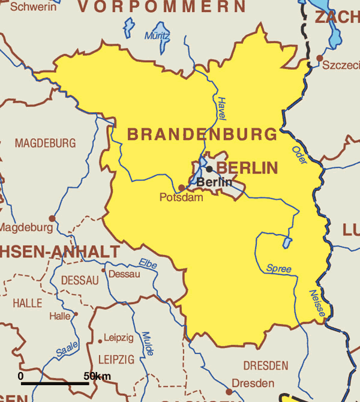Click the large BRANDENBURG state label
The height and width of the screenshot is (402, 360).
(202, 134)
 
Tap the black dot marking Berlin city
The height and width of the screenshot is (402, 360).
(209, 169)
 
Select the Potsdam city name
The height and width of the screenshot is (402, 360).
(181, 197)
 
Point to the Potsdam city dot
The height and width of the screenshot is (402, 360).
(182, 187)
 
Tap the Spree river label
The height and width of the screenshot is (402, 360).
(278, 268)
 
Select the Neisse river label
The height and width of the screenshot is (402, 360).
(317, 304)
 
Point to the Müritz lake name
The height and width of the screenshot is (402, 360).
(157, 35)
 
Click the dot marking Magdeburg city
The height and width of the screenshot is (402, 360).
(52, 218)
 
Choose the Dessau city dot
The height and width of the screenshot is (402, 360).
(104, 271)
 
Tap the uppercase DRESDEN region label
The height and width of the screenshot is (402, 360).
(265, 365)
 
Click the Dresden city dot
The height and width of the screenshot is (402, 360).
(229, 391)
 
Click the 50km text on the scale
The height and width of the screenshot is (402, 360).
(97, 376)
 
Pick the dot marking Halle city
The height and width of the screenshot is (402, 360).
(76, 314)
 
